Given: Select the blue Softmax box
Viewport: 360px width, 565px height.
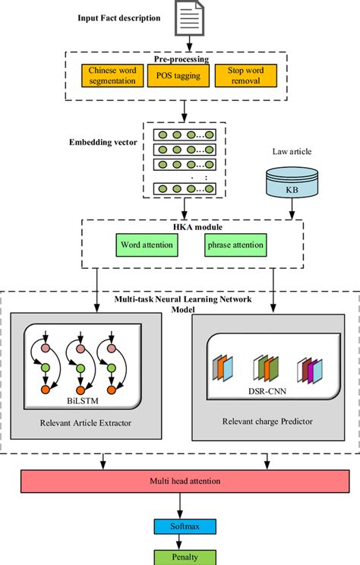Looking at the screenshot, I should pos(181,526).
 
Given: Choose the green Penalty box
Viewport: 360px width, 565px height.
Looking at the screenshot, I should pos(181,557).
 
